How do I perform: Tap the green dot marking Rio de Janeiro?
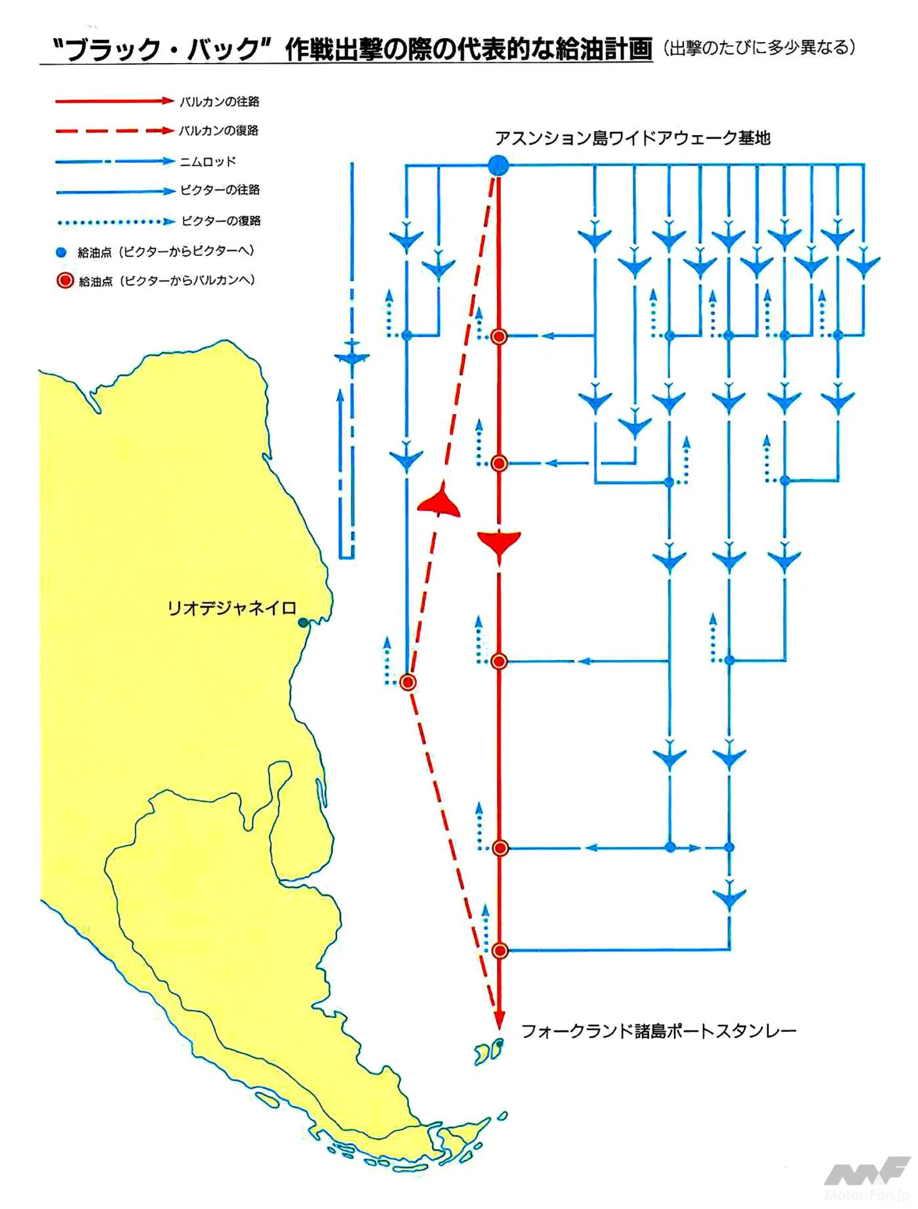(x=303, y=623)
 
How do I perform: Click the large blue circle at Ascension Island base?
(x=498, y=165)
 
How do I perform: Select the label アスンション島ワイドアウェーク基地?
(x=633, y=138)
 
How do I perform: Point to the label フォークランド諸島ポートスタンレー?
(x=658, y=1031)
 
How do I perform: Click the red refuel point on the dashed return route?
(x=408, y=682)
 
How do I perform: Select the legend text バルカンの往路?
(x=220, y=102)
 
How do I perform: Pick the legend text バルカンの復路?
(x=220, y=131)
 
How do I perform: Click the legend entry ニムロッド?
(x=208, y=161)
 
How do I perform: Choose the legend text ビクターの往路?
(x=220, y=190)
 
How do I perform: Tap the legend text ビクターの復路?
(x=221, y=221)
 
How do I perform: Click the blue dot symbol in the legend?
(x=62, y=253)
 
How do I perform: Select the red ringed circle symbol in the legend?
(x=65, y=281)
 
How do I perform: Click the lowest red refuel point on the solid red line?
(x=500, y=950)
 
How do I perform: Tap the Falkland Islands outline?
(x=489, y=1052)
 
